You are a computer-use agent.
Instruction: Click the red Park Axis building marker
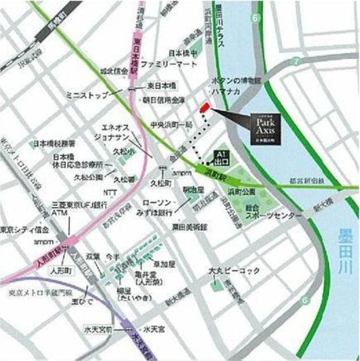[204, 108]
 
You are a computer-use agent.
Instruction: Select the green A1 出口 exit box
[222, 156]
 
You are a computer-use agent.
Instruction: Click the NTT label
[111, 192]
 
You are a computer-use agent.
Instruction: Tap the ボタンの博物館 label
[231, 80]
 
